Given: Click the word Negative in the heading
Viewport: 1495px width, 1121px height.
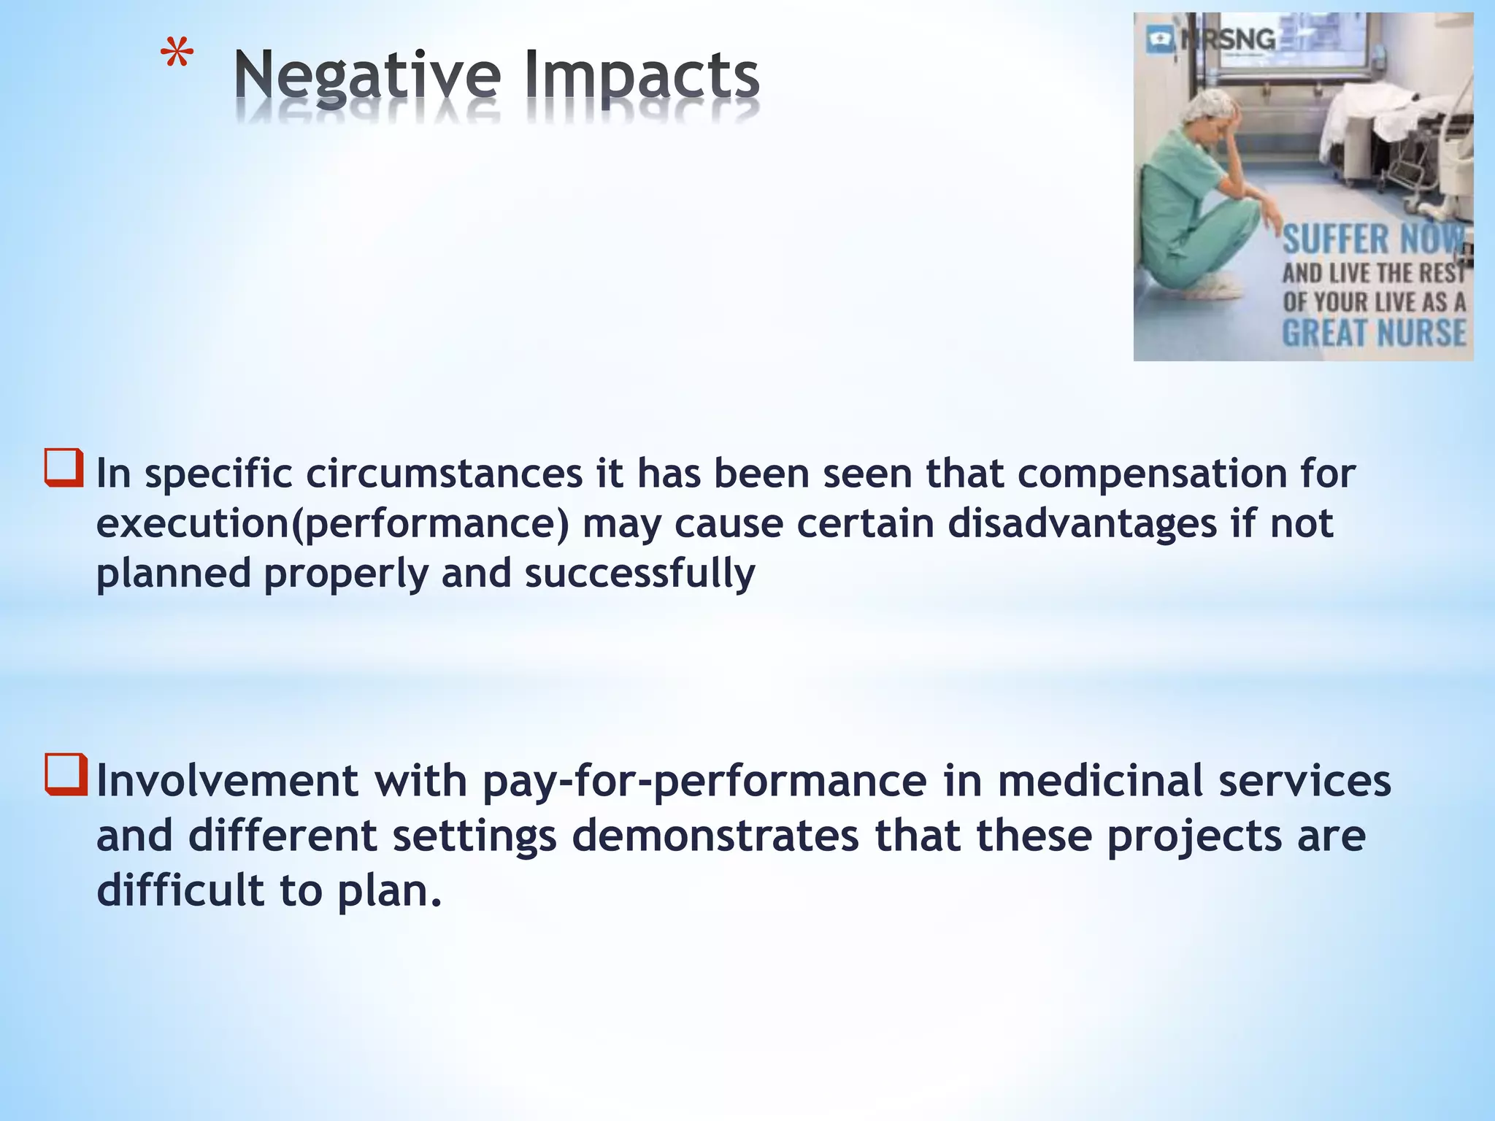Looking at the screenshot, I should point(367,76).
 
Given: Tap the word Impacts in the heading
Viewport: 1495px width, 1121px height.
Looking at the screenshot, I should point(642,76).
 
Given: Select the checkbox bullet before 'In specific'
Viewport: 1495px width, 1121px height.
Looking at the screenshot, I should point(64,468).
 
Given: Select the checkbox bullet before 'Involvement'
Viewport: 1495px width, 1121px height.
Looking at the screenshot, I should point(66,774).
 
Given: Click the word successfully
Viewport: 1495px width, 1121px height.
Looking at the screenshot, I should point(639,573).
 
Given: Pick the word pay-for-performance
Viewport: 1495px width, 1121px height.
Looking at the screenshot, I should point(704,781).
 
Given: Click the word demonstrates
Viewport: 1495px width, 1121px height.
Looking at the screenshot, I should point(715,836).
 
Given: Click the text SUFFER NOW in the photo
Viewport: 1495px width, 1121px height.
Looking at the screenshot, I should point(1372,239).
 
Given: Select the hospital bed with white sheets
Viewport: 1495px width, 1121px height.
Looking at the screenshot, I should point(1387,131).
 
